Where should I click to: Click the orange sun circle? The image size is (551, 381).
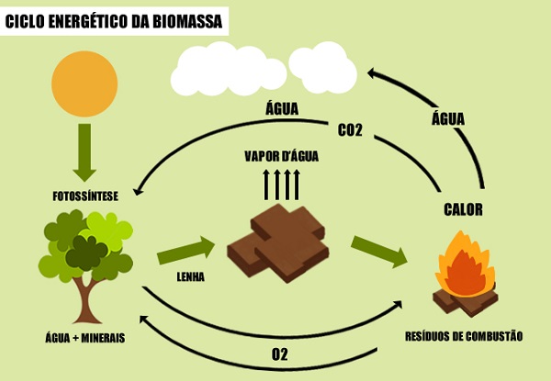click(x=84, y=84)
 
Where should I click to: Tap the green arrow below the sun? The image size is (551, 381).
click(x=84, y=152)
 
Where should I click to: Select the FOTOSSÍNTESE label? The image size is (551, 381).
click(x=85, y=196)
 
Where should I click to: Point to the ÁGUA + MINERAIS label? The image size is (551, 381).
click(x=85, y=338)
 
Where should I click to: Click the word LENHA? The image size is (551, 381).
click(x=190, y=276)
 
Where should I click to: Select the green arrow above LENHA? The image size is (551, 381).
click(x=186, y=251)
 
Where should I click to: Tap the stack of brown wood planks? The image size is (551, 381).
click(x=278, y=243)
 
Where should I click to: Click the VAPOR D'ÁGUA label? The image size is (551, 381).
click(x=282, y=156)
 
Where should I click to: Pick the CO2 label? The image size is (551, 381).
click(x=350, y=130)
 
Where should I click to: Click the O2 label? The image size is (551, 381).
click(x=280, y=354)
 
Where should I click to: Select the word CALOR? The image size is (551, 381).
click(x=463, y=209)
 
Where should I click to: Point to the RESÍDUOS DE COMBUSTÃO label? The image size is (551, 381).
click(x=464, y=336)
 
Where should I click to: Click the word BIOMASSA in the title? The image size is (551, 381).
click(x=187, y=21)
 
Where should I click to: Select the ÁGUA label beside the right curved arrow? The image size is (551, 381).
click(x=448, y=118)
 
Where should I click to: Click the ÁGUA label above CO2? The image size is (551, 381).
click(x=282, y=108)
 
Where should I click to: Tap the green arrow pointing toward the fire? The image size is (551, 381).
click(x=379, y=252)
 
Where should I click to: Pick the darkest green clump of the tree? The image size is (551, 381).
click(x=87, y=252)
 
